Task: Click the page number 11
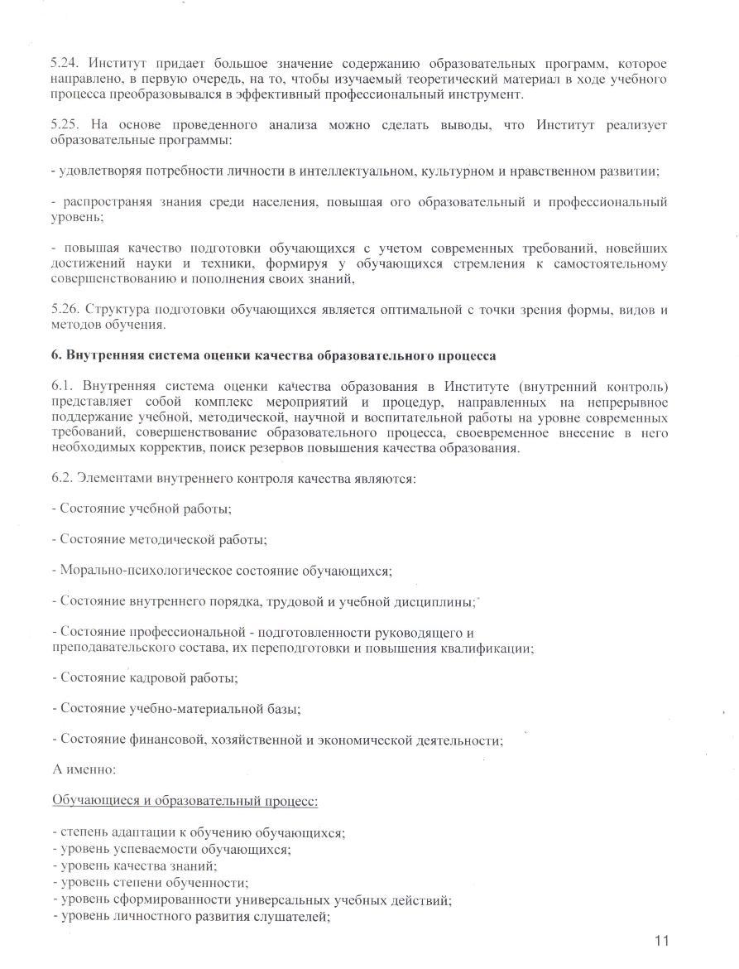[660, 940]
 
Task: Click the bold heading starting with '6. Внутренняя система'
[274, 356]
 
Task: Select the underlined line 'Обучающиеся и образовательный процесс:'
[185, 801]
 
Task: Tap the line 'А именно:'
[84, 769]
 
